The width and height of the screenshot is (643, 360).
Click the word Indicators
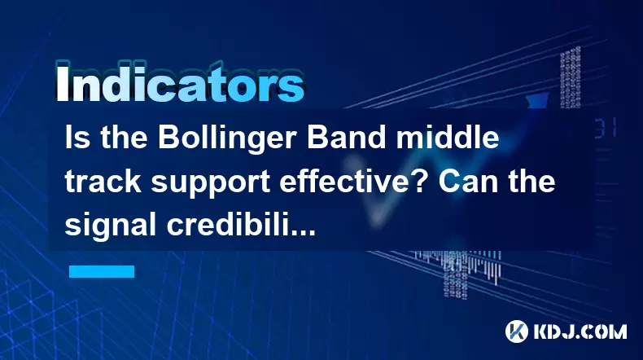pos(180,82)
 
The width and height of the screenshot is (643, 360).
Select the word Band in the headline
pos(347,138)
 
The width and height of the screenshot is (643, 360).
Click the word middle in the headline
pos(448,138)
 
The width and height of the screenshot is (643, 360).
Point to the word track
pos(103,181)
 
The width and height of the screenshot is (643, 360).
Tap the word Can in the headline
pos(463,181)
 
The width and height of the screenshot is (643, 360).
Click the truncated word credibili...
pos(241,224)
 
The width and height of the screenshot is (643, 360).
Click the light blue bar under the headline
pos(102,271)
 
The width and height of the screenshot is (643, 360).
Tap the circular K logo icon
pos(517,331)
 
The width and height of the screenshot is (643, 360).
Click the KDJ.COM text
pos(580,331)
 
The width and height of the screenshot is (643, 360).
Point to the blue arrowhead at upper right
pos(537,101)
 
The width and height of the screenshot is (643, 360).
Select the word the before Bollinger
pos(124,138)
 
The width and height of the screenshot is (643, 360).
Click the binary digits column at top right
pos(571,77)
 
